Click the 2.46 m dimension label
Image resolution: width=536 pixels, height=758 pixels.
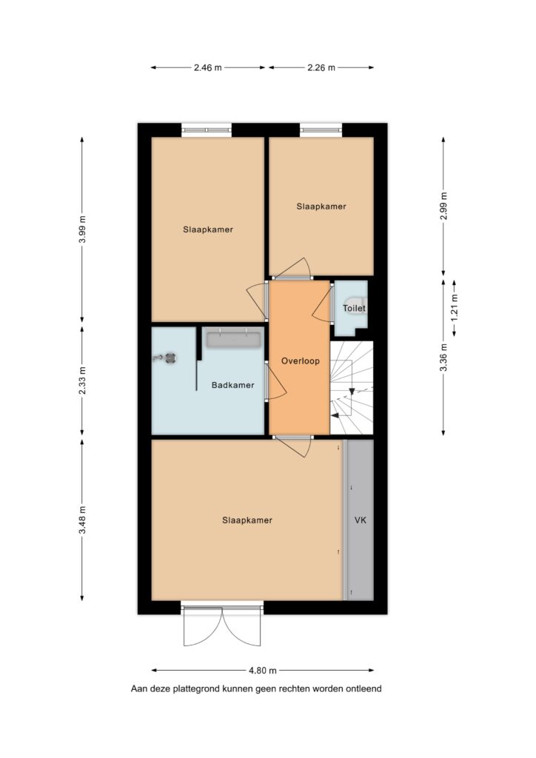click(x=208, y=67)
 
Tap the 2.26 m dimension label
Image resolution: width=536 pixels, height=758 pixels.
click(x=321, y=67)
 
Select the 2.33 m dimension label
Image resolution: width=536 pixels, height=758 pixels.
click(x=82, y=380)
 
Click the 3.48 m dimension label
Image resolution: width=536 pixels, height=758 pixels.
click(x=82, y=520)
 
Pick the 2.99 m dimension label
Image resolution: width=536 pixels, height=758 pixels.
click(x=443, y=206)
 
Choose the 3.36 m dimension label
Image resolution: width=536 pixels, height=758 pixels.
click(x=443, y=358)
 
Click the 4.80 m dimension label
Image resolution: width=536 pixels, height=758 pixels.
click(x=263, y=671)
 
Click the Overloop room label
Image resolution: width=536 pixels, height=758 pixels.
click(x=300, y=360)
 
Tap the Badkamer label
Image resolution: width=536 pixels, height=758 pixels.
click(x=233, y=385)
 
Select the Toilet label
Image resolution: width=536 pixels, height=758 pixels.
click(x=354, y=308)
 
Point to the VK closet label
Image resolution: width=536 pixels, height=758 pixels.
click(x=361, y=520)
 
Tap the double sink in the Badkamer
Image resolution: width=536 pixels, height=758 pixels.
click(x=234, y=338)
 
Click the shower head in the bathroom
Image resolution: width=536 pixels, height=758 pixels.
click(x=165, y=358)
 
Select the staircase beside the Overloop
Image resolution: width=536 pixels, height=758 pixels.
click(x=352, y=388)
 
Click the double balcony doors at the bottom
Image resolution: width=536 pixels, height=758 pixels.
click(x=222, y=625)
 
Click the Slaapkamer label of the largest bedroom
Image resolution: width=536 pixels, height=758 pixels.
click(x=247, y=520)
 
